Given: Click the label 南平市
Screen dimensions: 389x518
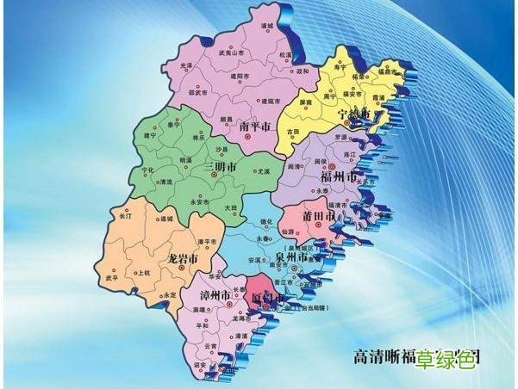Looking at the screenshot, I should pyautogui.click(x=253, y=126).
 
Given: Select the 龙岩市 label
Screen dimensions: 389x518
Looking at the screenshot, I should pyautogui.click(x=182, y=257).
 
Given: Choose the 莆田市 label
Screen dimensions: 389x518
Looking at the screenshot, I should pyautogui.click(x=319, y=216).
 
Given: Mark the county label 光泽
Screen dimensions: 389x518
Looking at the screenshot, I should pyautogui.click(x=187, y=65).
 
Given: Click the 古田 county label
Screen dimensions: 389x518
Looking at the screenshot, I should pyautogui.click(x=294, y=131).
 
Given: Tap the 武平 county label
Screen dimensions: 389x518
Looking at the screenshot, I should pyautogui.click(x=112, y=278).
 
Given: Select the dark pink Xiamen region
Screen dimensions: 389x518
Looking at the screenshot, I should pyautogui.click(x=259, y=290).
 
